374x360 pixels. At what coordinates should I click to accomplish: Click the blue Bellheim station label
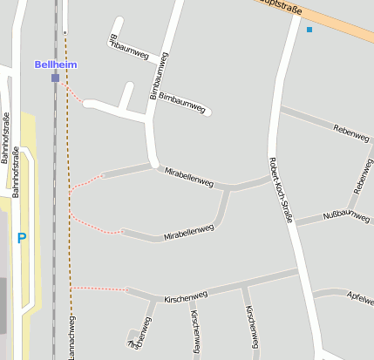[55, 65]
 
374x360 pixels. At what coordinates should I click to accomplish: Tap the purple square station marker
[55, 78]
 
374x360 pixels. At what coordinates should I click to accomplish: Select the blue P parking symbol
[22, 238]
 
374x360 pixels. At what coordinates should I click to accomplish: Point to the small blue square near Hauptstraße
[309, 30]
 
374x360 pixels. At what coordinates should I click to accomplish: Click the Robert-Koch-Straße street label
[280, 189]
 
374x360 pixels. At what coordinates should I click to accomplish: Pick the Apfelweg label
[359, 298]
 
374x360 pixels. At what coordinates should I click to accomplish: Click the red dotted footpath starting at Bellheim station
[73, 92]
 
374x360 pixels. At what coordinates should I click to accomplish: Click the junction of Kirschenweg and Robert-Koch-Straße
[304, 271]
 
